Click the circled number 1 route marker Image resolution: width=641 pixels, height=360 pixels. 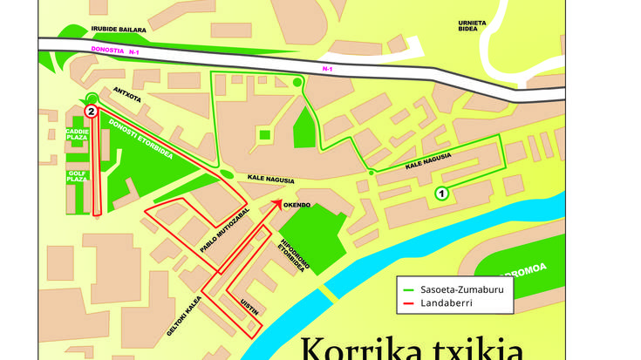[441, 194]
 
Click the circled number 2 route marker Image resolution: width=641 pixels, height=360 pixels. [92, 111]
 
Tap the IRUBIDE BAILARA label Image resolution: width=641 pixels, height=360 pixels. [119, 29]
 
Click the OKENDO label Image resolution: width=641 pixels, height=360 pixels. [297, 205]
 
